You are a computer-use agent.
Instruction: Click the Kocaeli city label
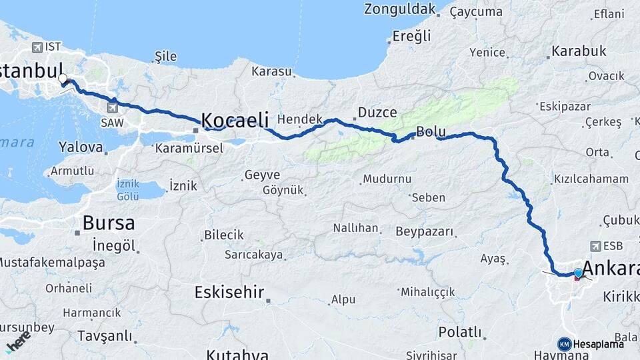click(x=235, y=120)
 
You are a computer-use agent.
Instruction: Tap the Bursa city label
click(x=108, y=223)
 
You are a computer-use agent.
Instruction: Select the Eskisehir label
click(x=229, y=292)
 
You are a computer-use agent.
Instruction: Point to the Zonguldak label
click(x=399, y=9)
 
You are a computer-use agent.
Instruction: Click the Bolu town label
click(x=429, y=131)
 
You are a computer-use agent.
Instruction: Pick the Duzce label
click(x=377, y=113)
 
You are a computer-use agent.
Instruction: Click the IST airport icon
click(x=35, y=47)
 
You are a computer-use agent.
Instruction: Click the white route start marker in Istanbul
click(x=63, y=79)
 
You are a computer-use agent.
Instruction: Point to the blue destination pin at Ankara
click(x=577, y=273)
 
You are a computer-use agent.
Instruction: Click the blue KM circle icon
click(x=565, y=344)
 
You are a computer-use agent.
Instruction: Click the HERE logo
click(x=17, y=341)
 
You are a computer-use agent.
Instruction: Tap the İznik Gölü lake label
click(x=127, y=189)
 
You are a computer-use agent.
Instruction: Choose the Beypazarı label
click(x=424, y=232)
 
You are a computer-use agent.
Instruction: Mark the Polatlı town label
click(x=460, y=331)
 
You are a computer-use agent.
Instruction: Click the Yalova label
click(x=81, y=147)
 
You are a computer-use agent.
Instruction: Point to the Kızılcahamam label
click(x=591, y=179)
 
